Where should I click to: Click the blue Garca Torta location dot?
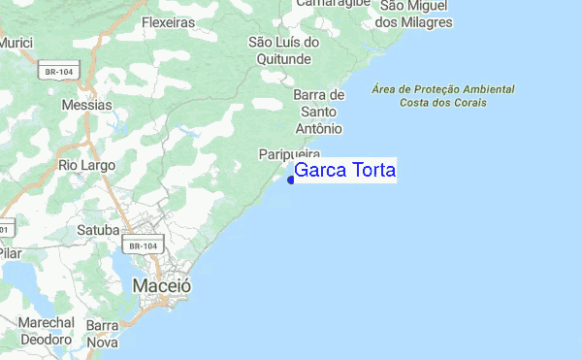(291, 179)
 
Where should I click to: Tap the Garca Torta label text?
(344, 171)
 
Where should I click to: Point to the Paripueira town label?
(289, 154)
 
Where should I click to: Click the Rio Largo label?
(86, 166)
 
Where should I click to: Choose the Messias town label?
(86, 104)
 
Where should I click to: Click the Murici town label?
(16, 44)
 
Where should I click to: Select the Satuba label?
(98, 230)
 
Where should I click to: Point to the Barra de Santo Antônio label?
(317, 112)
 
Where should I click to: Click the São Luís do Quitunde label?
(283, 50)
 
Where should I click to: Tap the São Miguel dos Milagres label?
(414, 13)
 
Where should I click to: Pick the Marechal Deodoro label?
(47, 331)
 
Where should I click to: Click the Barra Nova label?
(102, 334)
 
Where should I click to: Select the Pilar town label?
(10, 251)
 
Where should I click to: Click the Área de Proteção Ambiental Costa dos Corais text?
(443, 95)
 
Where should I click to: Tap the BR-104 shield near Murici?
(60, 71)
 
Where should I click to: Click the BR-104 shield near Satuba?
(142, 246)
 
